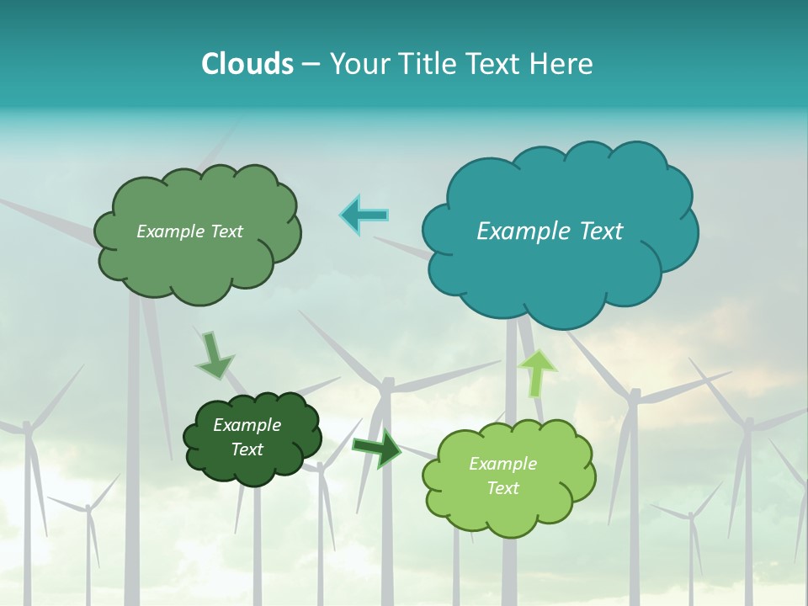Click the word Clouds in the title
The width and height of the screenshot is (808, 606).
(x=247, y=64)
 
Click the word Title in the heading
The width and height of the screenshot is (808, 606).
(x=428, y=64)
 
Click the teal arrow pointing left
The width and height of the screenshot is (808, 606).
(x=364, y=215)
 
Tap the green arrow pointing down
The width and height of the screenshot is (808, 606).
(x=213, y=355)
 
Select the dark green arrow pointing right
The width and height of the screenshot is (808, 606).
(x=377, y=448)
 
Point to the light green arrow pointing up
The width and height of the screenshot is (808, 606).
(x=537, y=372)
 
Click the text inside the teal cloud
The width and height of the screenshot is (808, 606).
(x=550, y=231)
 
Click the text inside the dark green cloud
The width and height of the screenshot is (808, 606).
(x=247, y=438)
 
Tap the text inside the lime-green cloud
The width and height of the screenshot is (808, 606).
(x=502, y=476)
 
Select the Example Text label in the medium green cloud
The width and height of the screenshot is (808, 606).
(x=189, y=231)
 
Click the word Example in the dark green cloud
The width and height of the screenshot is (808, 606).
(x=247, y=426)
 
